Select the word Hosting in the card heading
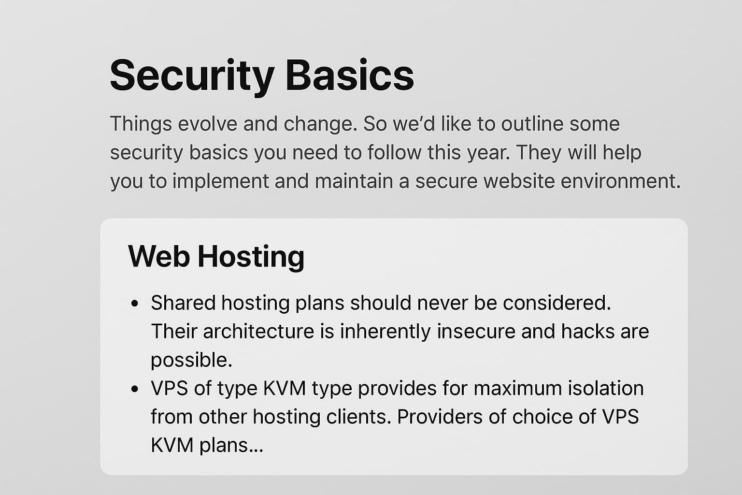pos(251,256)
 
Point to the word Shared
pos(183,303)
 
